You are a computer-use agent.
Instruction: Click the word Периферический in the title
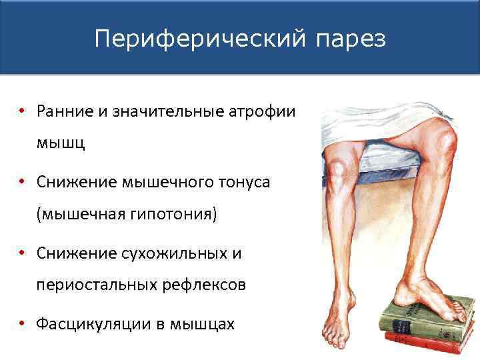(198, 39)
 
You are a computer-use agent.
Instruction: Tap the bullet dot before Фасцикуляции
(22, 324)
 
